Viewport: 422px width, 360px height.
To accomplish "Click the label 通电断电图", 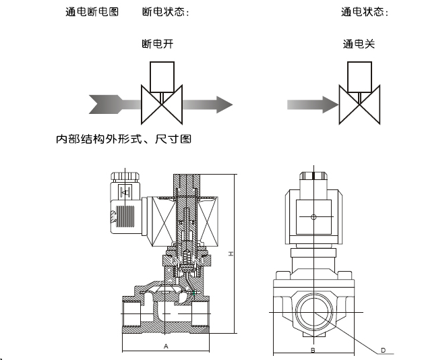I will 92,12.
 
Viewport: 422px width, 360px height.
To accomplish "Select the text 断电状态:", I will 165,12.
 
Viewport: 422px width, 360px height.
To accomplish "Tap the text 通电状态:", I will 365,12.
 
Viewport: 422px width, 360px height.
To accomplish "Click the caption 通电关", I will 359,44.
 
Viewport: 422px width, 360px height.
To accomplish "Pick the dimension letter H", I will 231,253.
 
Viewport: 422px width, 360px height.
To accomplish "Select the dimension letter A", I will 166,345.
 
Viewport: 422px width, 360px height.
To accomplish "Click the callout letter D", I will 382,350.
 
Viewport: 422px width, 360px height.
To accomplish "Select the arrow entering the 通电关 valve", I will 311,104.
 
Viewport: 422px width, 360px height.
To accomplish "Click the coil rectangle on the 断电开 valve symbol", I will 161,76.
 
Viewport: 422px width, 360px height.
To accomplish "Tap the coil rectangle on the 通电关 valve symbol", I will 360,76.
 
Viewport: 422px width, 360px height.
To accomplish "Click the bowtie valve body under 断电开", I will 161,104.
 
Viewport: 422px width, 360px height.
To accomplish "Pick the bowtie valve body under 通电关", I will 359,104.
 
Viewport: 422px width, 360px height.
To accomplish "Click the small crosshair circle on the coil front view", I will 313,217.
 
